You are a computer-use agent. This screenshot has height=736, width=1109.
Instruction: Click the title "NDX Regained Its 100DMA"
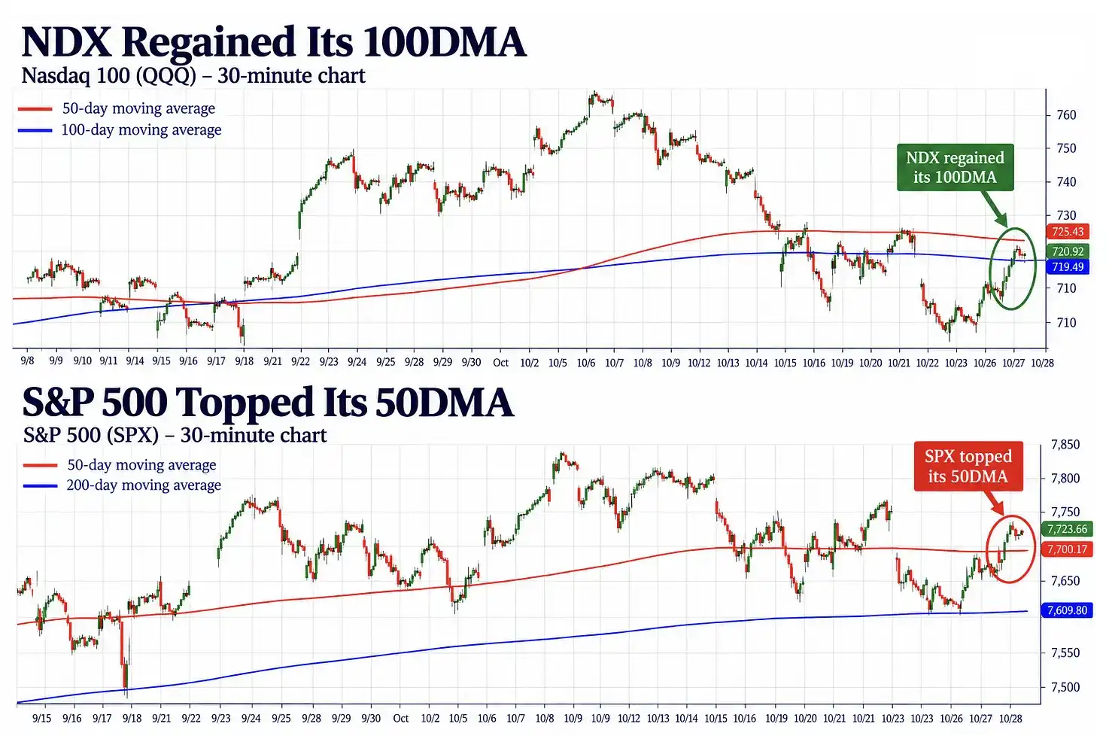click(273, 42)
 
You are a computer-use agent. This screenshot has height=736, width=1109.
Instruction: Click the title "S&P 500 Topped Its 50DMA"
click(268, 402)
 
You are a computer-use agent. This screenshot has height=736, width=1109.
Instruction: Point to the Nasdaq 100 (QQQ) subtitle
click(193, 76)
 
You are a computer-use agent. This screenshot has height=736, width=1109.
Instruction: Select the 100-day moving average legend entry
click(120, 129)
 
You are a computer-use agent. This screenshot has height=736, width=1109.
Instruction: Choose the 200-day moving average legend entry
click(122, 485)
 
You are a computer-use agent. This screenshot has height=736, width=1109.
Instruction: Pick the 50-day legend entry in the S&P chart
click(120, 464)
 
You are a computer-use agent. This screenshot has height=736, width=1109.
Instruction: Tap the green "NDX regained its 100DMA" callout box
click(955, 167)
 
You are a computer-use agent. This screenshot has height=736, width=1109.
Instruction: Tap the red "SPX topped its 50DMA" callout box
click(968, 466)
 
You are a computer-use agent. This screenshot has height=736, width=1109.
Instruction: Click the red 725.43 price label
click(1068, 231)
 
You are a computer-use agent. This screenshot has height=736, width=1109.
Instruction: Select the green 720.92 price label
click(1068, 251)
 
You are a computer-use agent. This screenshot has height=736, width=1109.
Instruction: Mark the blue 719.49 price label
click(1068, 267)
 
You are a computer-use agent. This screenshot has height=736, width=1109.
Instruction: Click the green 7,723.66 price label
click(1067, 529)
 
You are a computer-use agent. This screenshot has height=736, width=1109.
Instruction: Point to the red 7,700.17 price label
click(1067, 549)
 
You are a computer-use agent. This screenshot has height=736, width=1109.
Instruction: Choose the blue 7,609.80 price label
click(1067, 610)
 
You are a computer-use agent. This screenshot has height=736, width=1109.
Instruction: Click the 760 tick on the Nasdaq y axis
click(1066, 115)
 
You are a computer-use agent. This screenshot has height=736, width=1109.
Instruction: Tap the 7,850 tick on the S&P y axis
click(1065, 445)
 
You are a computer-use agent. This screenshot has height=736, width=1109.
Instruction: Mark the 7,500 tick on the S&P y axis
click(1065, 687)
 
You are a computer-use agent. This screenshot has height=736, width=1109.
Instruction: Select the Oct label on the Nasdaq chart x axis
click(500, 363)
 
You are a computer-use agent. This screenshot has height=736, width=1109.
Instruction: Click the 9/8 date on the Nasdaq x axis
click(27, 361)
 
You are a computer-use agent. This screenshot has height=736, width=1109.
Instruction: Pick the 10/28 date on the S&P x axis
click(1010, 719)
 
